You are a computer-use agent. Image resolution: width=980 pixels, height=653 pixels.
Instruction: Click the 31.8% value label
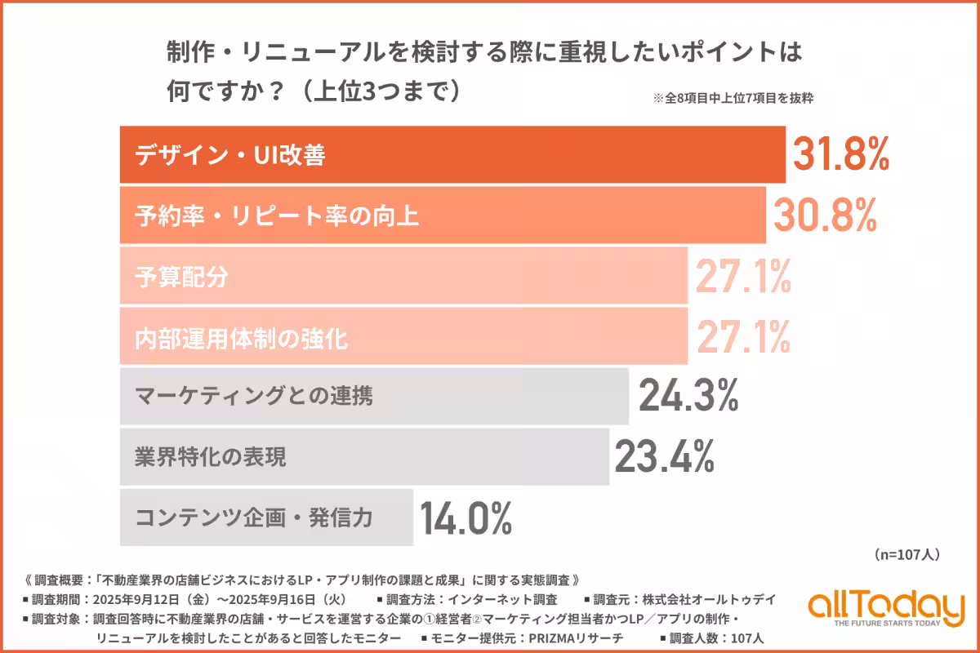point(840,154)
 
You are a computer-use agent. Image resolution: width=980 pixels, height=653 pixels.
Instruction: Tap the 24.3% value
point(688,396)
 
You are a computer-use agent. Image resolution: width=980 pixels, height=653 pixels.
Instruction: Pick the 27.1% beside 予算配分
point(742,275)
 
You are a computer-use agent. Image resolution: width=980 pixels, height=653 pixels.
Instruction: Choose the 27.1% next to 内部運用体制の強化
point(742,335)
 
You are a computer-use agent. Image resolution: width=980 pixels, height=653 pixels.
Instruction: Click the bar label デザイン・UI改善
point(230,155)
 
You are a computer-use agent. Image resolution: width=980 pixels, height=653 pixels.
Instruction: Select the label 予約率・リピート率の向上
point(277,215)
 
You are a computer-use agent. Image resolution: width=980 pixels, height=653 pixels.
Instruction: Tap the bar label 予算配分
point(181,276)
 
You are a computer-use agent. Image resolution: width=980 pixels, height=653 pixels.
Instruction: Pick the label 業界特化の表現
point(211,457)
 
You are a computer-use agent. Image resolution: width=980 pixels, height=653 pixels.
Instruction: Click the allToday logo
point(886,605)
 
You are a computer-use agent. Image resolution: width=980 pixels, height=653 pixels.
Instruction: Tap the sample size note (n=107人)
point(906,555)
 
